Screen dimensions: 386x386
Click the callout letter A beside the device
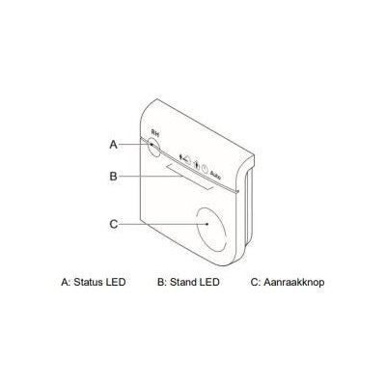[114, 145]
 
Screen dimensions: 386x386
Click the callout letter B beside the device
[114, 177]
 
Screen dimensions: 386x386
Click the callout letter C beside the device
[114, 224]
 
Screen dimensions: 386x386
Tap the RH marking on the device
[155, 132]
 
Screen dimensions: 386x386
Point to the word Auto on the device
[215, 175]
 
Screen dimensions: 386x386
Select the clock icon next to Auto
[205, 169]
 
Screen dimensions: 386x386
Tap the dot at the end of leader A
[152, 145]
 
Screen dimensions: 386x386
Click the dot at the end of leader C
[207, 224]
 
